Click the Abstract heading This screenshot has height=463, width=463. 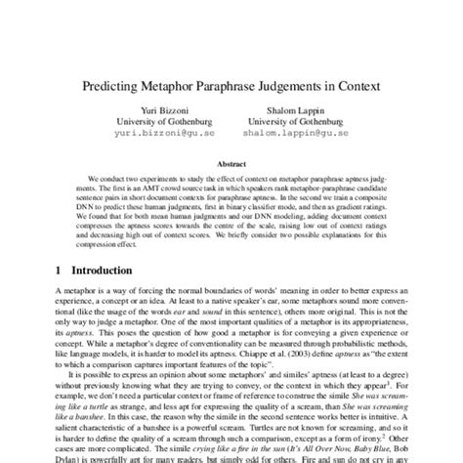pos(231,166)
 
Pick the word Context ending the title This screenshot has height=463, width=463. pos(351,86)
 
